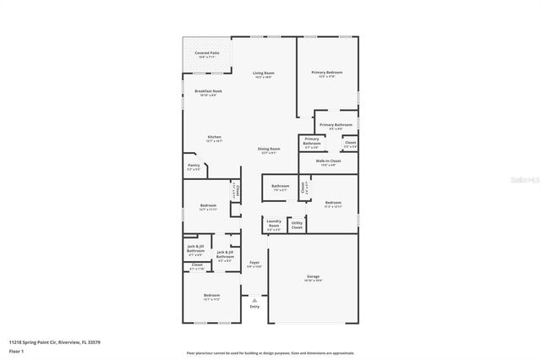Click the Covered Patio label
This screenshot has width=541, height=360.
click(208, 53)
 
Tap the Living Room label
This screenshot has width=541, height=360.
click(264, 74)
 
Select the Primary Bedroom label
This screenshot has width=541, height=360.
click(326, 73)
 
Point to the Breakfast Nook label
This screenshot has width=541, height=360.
click(208, 91)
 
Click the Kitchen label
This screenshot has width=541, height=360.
click(215, 137)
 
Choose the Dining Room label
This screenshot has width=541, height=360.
click(269, 149)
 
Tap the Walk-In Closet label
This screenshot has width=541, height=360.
click(328, 161)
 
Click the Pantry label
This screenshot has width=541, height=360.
click(194, 166)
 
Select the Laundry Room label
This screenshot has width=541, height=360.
click(274, 225)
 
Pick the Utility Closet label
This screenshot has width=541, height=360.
click(297, 225)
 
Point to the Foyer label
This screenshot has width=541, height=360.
click(254, 263)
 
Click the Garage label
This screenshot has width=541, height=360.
click(313, 276)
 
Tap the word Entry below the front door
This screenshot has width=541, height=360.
click(254, 306)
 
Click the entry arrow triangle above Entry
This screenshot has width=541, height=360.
click(254, 299)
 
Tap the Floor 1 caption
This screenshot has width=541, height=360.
click(16, 350)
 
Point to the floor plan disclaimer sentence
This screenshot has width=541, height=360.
click(270, 352)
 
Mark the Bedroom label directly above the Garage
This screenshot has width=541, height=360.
click(333, 203)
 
